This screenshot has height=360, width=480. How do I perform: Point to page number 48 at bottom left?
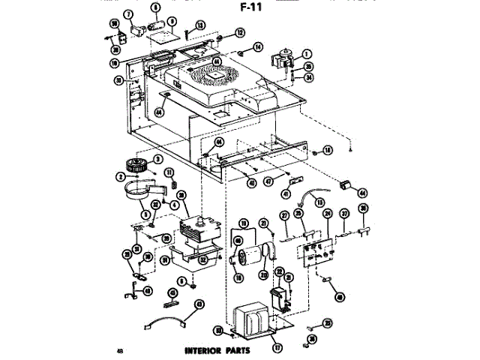pos(120,350)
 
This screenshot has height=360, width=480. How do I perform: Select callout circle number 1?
pos(307,52)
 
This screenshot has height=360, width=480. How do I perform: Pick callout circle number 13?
pos(201,25)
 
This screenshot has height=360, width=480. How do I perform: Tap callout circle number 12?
pos(240,32)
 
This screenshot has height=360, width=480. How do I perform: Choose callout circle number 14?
pos(257,47)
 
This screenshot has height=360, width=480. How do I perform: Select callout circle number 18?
pos(328,151)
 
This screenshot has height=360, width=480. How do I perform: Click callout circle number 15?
pos(320,202)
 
